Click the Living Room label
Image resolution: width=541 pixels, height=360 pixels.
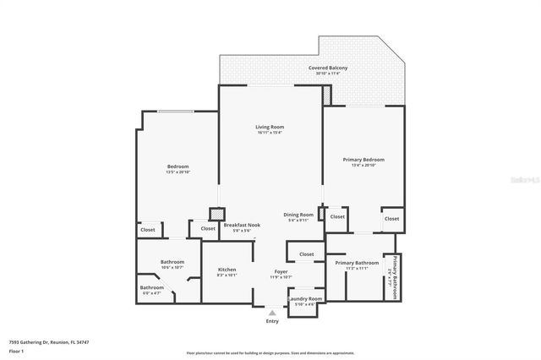(270, 127)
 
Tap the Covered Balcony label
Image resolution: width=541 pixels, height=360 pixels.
(328, 68)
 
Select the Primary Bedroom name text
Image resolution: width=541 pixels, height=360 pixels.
(363, 160)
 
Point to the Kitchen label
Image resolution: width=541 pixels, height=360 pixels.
(227, 269)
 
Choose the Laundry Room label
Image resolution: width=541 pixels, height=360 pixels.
(304, 298)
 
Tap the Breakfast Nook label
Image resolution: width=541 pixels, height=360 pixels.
(242, 225)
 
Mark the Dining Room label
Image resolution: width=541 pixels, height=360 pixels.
(298, 215)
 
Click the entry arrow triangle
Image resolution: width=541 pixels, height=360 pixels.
(271, 313)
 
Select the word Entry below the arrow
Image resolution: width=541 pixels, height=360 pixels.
(271, 321)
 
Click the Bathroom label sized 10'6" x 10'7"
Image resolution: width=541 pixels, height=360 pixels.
(172, 262)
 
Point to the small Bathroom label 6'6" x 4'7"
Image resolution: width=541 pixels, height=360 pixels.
(152, 287)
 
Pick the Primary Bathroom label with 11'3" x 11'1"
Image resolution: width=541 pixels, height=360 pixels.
(356, 263)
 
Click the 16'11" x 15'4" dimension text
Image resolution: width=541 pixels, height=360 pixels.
(270, 133)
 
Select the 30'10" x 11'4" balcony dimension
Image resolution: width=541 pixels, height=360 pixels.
(328, 74)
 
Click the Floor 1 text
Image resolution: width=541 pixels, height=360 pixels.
(17, 350)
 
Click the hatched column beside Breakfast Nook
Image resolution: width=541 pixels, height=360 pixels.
(216, 215)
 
